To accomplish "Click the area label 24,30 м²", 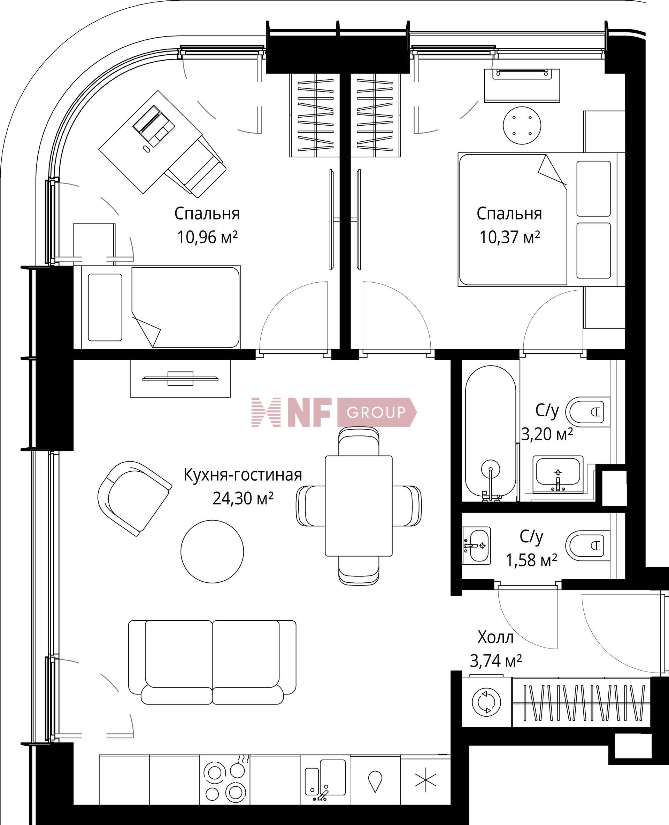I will [x=243, y=499].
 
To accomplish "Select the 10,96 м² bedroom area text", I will [x=207, y=237].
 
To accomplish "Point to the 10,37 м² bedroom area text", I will [x=509, y=237].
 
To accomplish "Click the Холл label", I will [x=495, y=637].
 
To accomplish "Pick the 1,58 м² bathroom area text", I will [x=531, y=560].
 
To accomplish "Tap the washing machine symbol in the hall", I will [x=486, y=701].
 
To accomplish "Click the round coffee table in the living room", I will [x=212, y=551].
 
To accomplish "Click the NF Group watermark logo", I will [x=334, y=412].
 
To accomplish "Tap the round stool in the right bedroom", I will [x=522, y=126].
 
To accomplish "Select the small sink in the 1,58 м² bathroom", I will [x=476, y=545].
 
